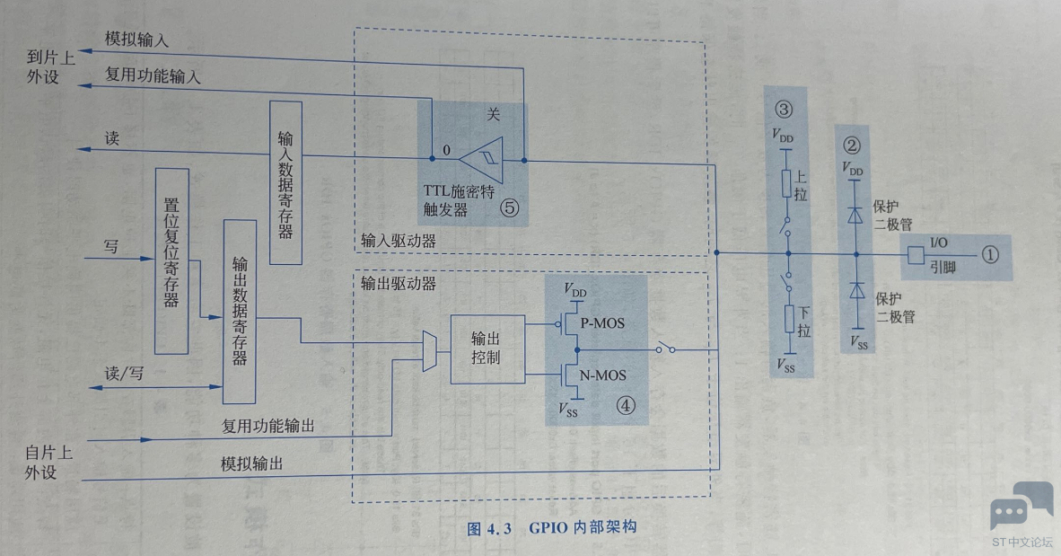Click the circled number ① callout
(x=989, y=254)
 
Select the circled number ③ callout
(x=785, y=111)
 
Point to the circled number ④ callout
(x=626, y=405)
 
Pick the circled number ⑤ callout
(x=510, y=207)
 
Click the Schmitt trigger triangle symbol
(x=481, y=160)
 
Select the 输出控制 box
(x=486, y=349)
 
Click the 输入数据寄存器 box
(x=285, y=182)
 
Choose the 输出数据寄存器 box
(x=240, y=311)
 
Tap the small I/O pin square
(x=916, y=255)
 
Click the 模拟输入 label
(x=136, y=40)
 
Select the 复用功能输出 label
(x=267, y=425)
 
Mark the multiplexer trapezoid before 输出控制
(x=428, y=350)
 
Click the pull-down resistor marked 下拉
(x=786, y=319)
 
